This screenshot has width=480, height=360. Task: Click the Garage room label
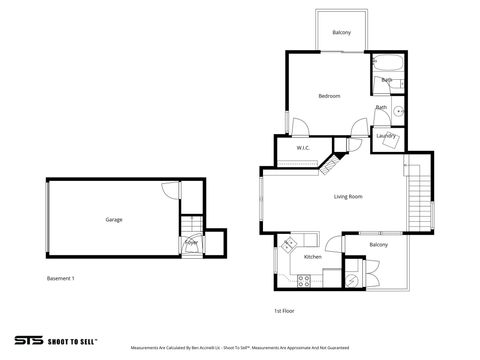[114, 219]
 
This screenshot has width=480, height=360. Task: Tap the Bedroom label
[330, 96]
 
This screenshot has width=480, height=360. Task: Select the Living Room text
[348, 196]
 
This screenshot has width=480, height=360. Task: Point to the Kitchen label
[312, 257]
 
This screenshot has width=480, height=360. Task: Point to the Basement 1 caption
[61, 277]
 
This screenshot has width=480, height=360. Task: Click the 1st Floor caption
[284, 310]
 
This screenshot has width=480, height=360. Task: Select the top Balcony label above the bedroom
[342, 33]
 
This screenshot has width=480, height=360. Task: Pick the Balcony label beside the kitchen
[378, 244]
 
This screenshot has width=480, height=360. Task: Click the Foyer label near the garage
[190, 241]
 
